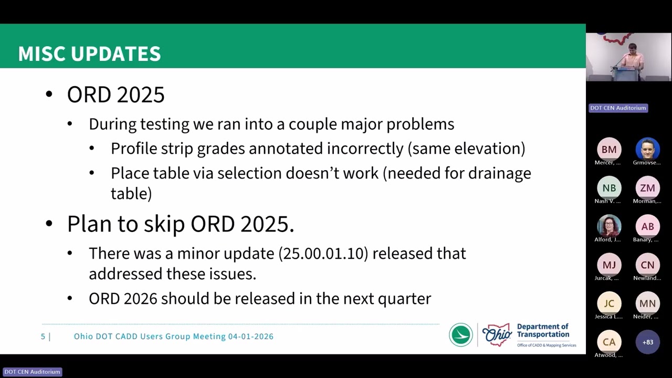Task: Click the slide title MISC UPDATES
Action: point(89,54)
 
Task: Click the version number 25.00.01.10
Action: point(322,254)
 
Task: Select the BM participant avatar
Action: point(609,150)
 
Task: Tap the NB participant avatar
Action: point(609,188)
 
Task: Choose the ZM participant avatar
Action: point(647,188)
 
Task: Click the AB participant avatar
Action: point(647,226)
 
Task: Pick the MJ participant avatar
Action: point(609,265)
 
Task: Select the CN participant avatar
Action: point(647,265)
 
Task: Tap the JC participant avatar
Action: point(609,303)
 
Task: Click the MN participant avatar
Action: point(647,303)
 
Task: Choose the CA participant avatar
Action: point(609,342)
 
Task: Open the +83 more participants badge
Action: point(647,342)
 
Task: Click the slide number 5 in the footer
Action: point(43,337)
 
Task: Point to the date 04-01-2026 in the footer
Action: point(250,337)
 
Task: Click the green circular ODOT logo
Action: point(461,335)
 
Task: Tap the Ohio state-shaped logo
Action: point(497,335)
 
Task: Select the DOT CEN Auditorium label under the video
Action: point(618,108)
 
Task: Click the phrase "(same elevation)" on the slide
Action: point(466,149)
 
